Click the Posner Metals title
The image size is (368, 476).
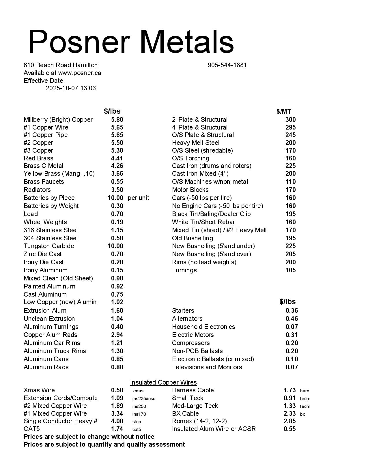(131, 42)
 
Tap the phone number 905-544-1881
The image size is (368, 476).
(227, 65)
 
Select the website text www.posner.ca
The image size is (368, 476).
(79, 73)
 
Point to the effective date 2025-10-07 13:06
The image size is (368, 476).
(71, 88)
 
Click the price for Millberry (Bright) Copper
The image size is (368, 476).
(117, 120)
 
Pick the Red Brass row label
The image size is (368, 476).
(38, 158)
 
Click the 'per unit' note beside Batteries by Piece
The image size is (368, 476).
(138, 198)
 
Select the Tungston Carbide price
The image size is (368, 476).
(115, 246)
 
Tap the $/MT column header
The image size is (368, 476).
(284, 112)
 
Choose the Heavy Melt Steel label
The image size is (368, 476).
(196, 143)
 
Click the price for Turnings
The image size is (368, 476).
(290, 270)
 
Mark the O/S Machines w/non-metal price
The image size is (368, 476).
(290, 182)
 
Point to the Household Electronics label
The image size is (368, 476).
(203, 327)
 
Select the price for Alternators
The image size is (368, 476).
(292, 319)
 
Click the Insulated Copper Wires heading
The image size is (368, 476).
(163, 383)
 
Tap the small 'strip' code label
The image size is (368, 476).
(137, 422)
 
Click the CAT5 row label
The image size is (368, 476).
(32, 429)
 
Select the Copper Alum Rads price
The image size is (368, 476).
(117, 335)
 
